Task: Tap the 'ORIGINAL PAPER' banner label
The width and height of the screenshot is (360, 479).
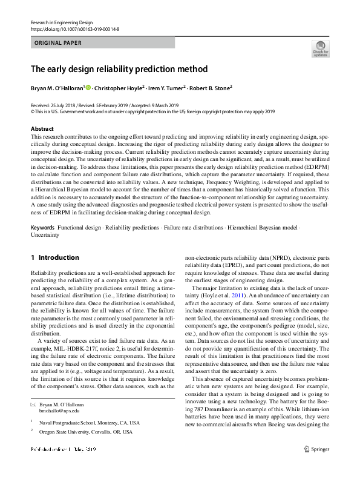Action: click(57, 43)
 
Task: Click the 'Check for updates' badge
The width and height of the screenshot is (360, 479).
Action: click(319, 48)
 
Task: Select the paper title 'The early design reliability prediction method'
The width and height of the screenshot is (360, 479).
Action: click(119, 69)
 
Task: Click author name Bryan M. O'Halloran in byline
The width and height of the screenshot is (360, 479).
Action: click(57, 88)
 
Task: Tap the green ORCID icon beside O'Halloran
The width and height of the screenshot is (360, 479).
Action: click(88, 88)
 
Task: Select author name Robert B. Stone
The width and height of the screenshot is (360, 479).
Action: click(209, 88)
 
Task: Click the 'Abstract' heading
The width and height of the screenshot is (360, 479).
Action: click(42, 129)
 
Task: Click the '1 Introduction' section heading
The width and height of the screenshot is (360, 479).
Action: click(54, 257)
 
